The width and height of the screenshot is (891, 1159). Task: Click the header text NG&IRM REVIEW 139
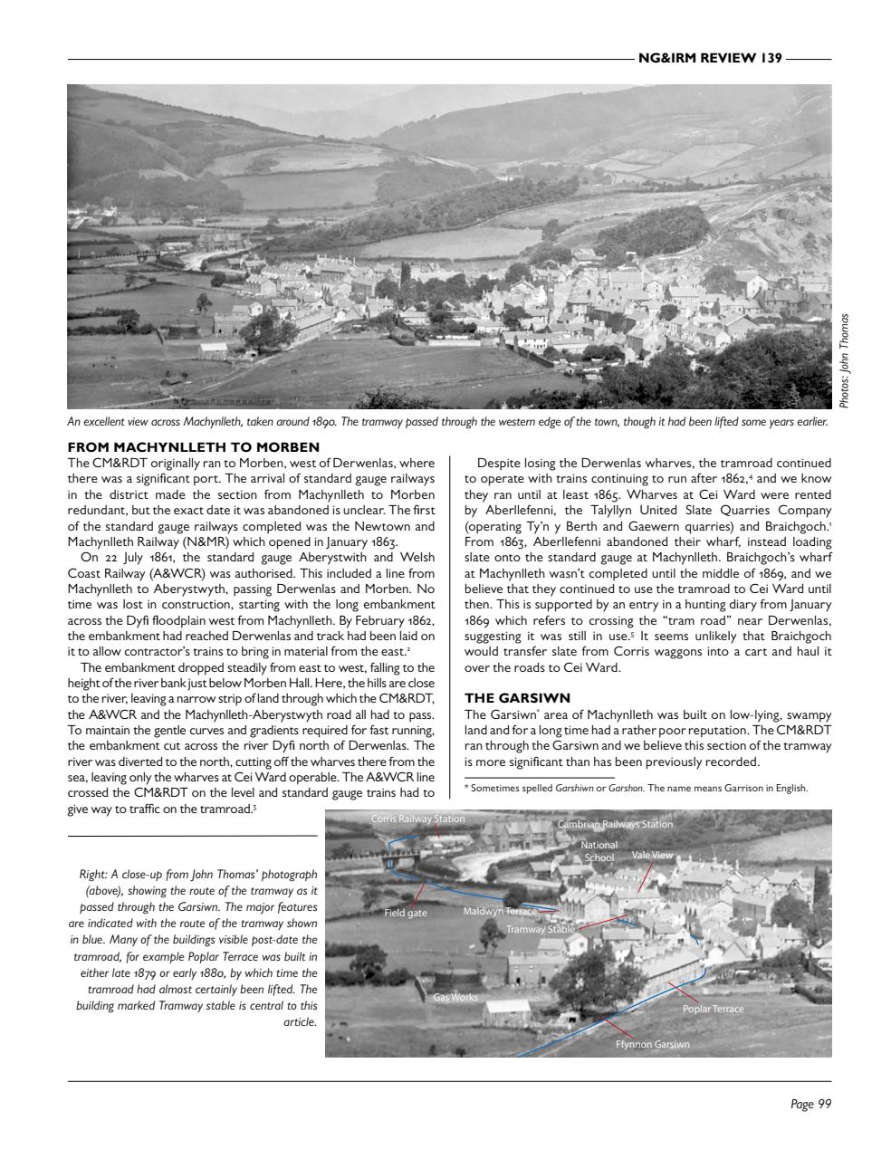pyautogui.click(x=709, y=59)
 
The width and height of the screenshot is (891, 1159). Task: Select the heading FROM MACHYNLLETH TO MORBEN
pyautogui.click(x=194, y=447)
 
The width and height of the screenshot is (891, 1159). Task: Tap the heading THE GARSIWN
pyautogui.click(x=517, y=698)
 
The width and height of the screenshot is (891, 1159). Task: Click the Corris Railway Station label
pyautogui.click(x=417, y=819)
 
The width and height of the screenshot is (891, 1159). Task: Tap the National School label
pyautogui.click(x=599, y=851)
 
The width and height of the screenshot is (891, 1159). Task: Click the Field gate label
pyautogui.click(x=405, y=913)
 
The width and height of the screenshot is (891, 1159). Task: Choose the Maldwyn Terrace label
pyautogui.click(x=500, y=911)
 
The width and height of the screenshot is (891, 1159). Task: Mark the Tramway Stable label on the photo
pyautogui.click(x=541, y=929)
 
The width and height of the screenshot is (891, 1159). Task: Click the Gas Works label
pyautogui.click(x=455, y=997)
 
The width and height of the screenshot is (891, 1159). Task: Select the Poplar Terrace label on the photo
pyautogui.click(x=713, y=1009)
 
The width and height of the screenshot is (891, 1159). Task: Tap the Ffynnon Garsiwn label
pyautogui.click(x=652, y=1044)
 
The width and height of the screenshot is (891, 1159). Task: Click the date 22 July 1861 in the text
pyautogui.click(x=131, y=557)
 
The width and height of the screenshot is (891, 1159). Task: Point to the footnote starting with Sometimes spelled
pyautogui.click(x=636, y=788)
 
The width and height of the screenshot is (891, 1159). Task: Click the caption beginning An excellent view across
pyautogui.click(x=447, y=422)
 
